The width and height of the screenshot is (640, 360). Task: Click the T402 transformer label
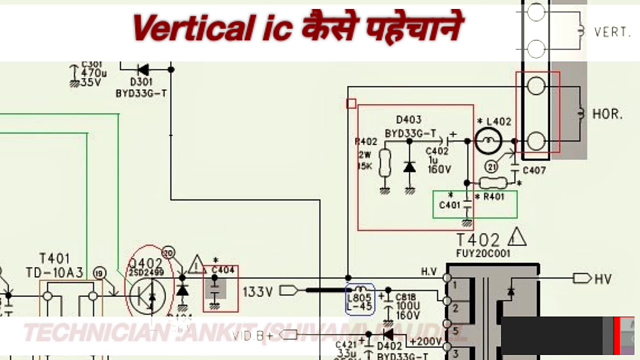point(477,240)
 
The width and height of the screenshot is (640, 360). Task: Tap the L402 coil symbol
point(488,141)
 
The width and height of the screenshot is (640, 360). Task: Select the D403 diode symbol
point(409,166)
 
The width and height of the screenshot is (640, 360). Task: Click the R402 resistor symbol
point(384,163)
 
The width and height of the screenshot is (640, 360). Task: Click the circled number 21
point(492,167)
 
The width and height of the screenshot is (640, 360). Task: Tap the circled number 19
point(99,272)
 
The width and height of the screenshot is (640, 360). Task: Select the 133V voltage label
point(258,290)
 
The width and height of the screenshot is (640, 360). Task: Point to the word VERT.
point(612,32)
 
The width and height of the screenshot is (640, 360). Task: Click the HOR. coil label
point(607,114)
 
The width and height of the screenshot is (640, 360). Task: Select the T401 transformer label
point(54,259)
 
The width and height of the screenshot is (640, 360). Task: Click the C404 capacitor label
point(223,270)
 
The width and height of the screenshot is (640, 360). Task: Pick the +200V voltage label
point(426,342)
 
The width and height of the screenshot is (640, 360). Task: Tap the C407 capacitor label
point(534,171)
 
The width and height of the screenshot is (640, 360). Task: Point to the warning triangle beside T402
point(516,238)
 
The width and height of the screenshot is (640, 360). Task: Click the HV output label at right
point(602,279)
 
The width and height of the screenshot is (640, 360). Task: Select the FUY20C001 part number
point(483,253)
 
